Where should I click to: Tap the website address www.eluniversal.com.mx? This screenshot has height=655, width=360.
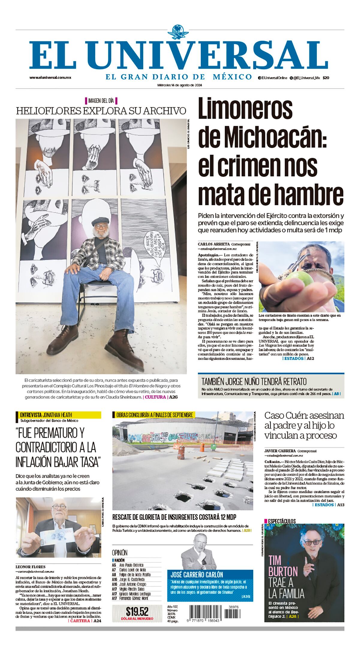point(50,77)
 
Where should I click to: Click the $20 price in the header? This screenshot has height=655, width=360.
point(326,78)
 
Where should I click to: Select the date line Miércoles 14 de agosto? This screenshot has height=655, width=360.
point(180,85)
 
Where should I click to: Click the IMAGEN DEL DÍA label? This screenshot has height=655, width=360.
point(101,100)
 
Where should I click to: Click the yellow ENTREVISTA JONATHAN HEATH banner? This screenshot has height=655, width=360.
point(58,415)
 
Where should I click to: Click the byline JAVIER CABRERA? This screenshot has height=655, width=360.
point(280,451)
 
